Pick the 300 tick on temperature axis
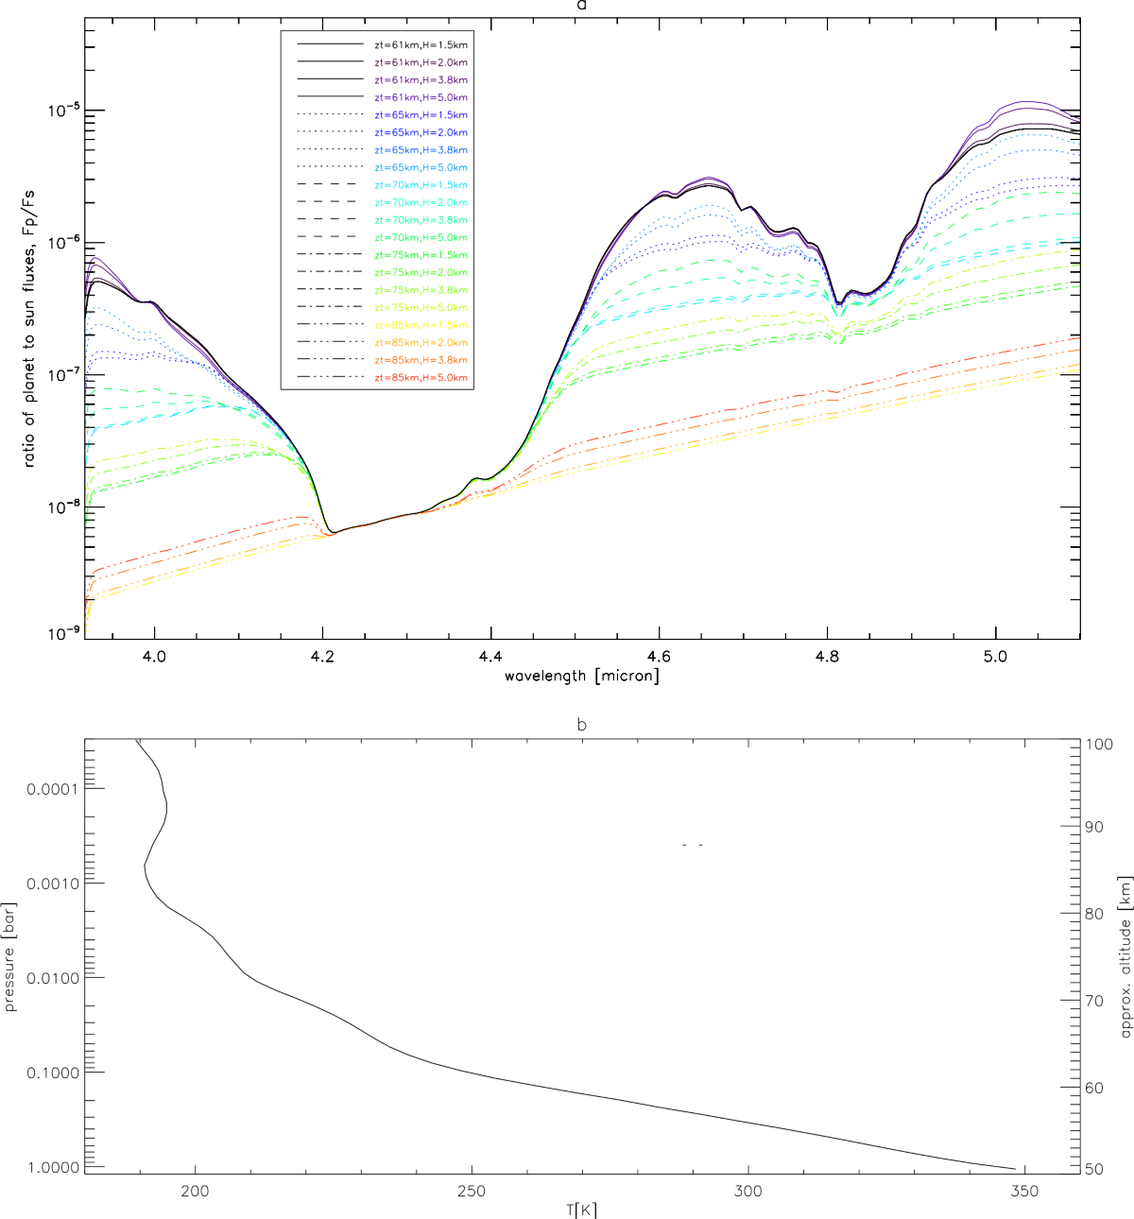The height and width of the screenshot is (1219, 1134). tap(747, 1190)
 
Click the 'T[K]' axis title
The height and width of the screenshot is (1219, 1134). tap(583, 1210)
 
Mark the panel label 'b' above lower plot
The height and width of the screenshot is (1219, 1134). tap(583, 726)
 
